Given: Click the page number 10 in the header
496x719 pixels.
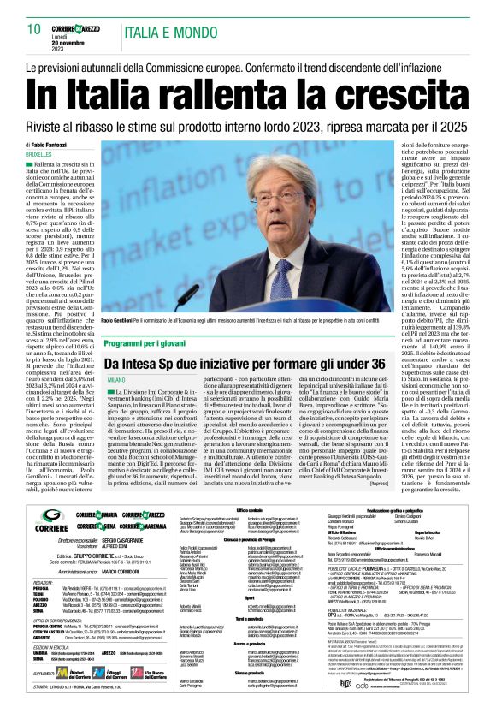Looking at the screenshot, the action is coord(34,29).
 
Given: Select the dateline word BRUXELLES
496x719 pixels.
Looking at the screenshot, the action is coord(39,154).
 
